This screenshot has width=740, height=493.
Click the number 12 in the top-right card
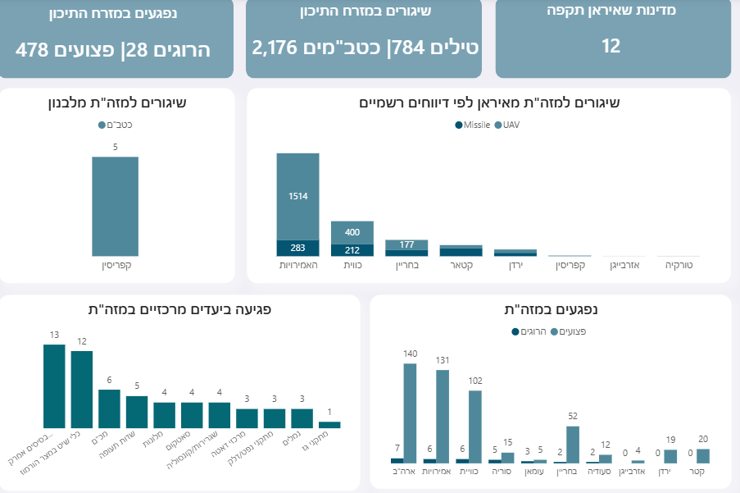(x=611, y=46)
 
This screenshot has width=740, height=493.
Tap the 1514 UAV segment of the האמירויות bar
(x=297, y=195)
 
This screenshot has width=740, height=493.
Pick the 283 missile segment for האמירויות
(x=297, y=248)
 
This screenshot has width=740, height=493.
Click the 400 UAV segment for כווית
(x=352, y=232)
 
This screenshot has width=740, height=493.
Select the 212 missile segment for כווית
(x=352, y=250)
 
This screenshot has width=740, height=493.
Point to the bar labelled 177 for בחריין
(x=406, y=244)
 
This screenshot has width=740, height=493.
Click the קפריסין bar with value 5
(x=115, y=206)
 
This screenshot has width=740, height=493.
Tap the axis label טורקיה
(x=679, y=266)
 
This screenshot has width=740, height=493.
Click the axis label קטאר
(x=461, y=266)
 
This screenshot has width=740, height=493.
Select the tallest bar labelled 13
(x=54, y=386)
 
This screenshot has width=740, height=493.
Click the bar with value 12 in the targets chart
(x=82, y=390)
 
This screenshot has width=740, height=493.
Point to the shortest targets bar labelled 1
(x=329, y=425)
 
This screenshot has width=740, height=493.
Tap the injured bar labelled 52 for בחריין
(x=574, y=445)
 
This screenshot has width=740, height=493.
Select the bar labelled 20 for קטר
(x=703, y=456)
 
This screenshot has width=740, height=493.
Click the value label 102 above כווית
(x=474, y=381)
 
